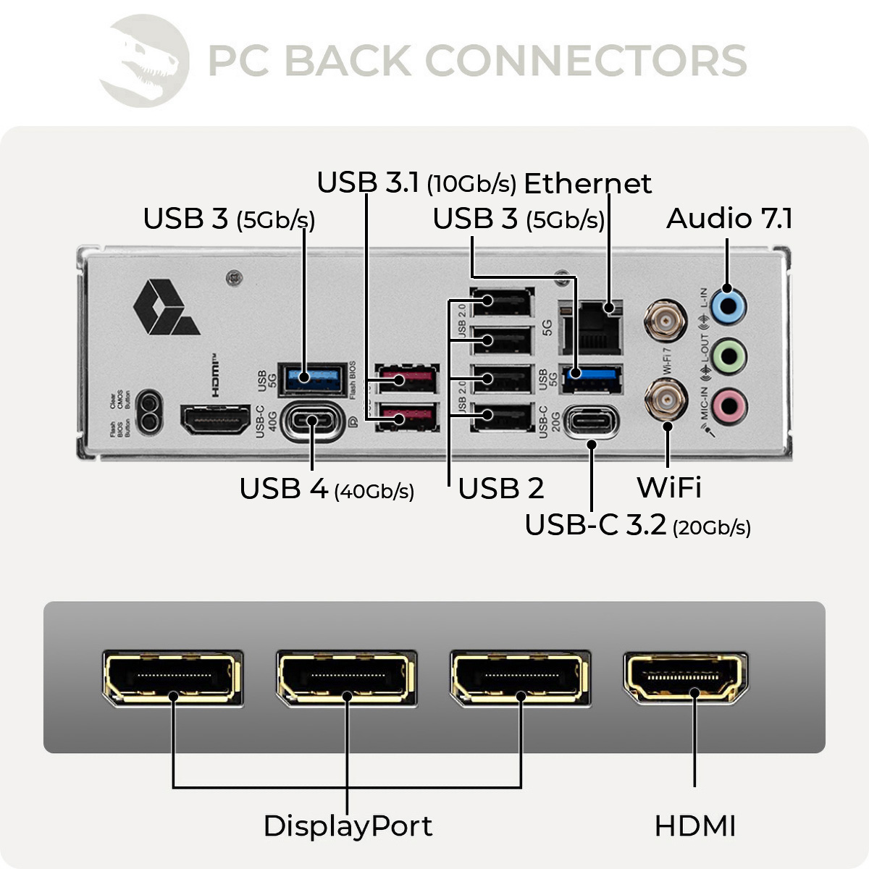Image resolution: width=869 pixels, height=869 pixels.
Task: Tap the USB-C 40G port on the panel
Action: tap(314, 420)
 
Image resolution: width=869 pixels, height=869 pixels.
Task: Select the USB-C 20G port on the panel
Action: tap(592, 421)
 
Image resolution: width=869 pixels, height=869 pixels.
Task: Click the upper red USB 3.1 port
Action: tap(407, 379)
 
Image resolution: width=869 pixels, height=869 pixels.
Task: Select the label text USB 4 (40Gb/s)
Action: tap(327, 490)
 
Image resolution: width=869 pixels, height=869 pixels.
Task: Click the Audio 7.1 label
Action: tap(729, 219)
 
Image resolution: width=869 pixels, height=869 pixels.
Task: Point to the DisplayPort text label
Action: tap(348, 826)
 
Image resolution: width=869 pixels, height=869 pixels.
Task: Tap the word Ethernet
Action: tap(587, 184)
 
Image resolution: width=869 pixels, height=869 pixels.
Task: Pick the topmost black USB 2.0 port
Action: tap(502, 301)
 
